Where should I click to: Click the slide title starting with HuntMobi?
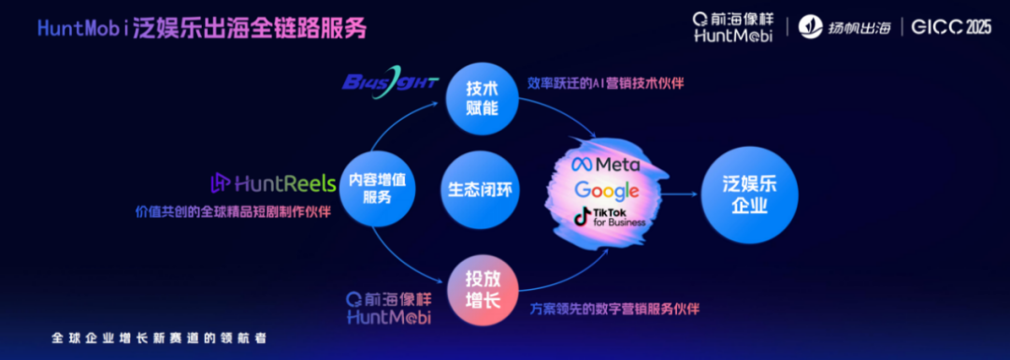click(x=202, y=29)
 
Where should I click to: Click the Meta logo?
click(x=606, y=165)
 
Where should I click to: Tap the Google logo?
click(x=606, y=191)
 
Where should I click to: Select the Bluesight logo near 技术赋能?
click(x=390, y=80)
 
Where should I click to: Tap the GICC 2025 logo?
click(x=949, y=27)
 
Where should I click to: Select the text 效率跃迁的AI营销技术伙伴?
click(x=606, y=83)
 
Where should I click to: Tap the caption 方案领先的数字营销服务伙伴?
click(x=614, y=309)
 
